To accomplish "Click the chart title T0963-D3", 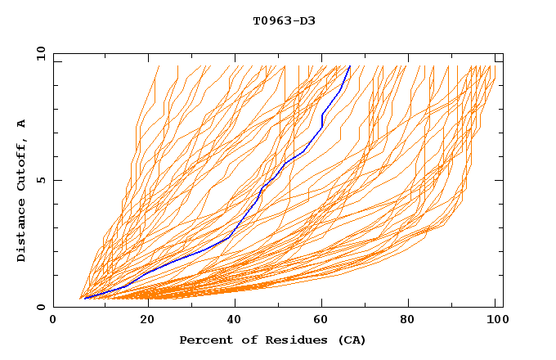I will [284, 20].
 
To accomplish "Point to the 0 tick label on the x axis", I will [53, 322].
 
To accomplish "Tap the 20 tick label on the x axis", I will [142, 322].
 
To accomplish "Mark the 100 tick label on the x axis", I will [496, 322].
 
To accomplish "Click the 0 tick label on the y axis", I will [41, 308].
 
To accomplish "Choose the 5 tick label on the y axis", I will [41, 180].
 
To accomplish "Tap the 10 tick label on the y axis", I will [39, 53].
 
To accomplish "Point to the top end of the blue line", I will [350, 66].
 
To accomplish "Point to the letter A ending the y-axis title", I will [21, 124].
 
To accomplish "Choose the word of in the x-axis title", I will [242, 340].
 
